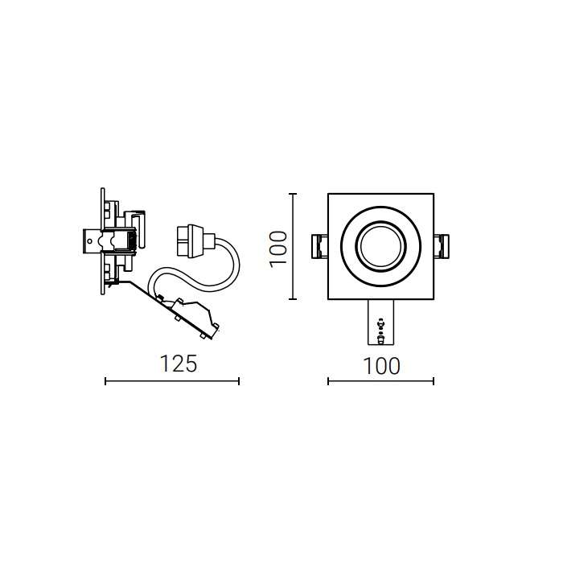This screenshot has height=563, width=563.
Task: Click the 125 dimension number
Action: coord(179,364)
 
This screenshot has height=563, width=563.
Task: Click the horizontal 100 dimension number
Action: coord(381,366)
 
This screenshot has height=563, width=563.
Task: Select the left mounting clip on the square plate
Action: coord(319,246)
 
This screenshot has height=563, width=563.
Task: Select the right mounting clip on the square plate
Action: coord(442,246)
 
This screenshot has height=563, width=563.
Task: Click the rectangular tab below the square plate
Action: coord(381,322)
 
